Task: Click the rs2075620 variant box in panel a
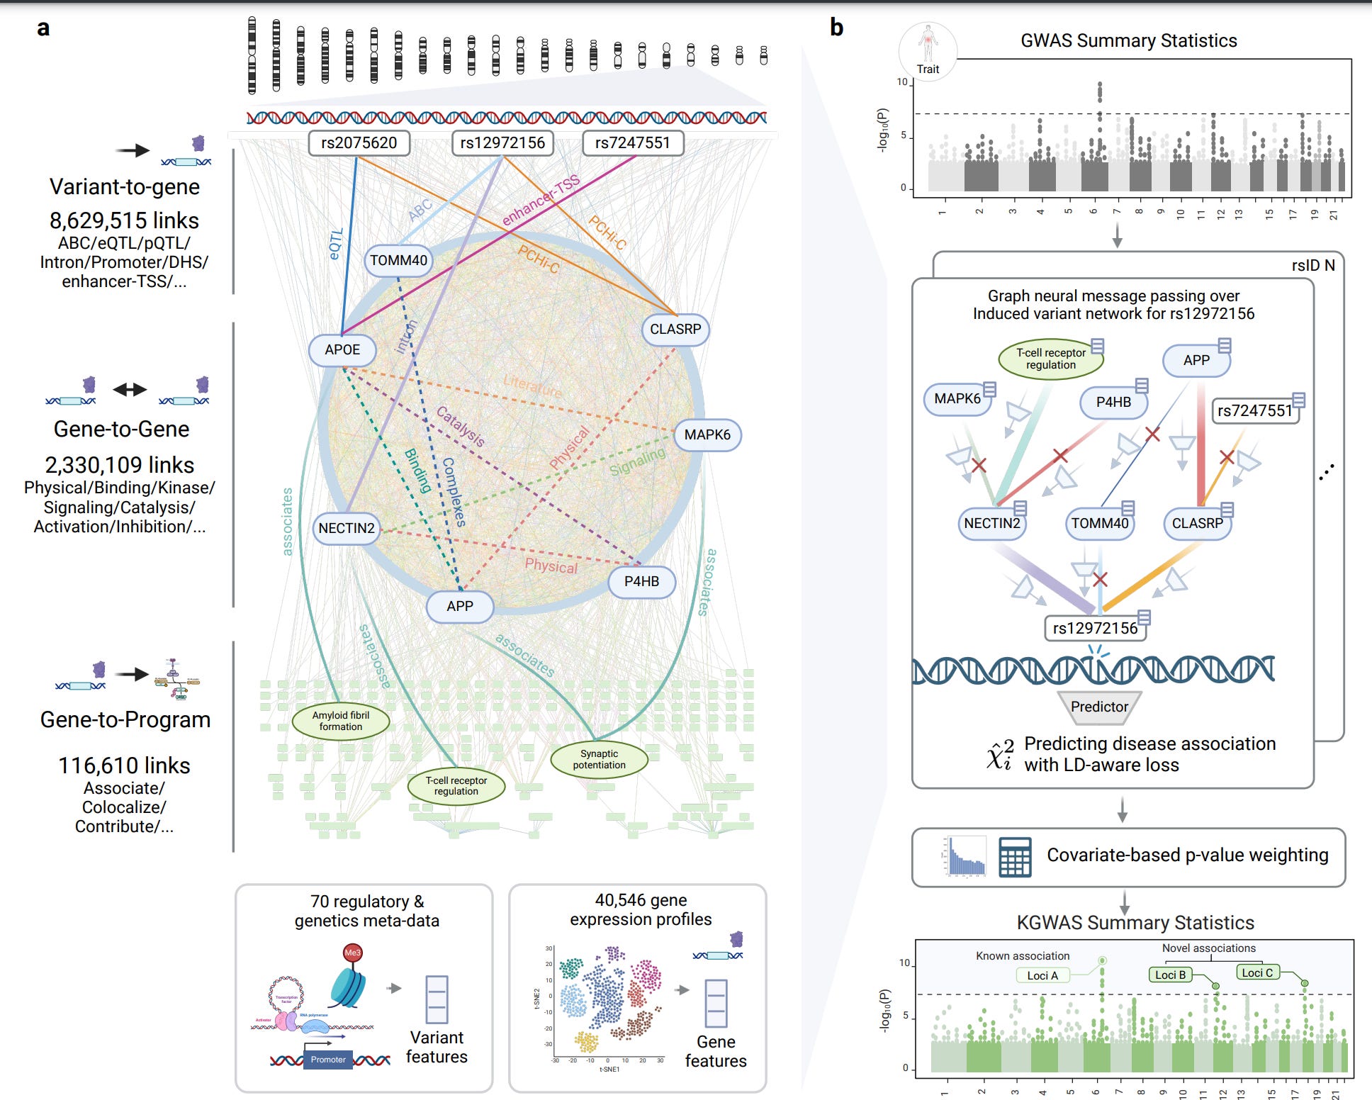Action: (359, 142)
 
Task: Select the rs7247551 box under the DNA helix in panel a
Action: (632, 142)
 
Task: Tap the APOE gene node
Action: (342, 349)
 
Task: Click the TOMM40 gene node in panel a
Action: (398, 260)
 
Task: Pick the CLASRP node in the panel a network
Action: (675, 330)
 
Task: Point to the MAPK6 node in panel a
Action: (707, 434)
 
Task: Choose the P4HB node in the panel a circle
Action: (641, 581)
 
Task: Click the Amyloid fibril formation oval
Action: (341, 721)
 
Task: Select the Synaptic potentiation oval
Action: (599, 759)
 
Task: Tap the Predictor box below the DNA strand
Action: (1099, 707)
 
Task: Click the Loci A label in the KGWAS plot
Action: (1042, 975)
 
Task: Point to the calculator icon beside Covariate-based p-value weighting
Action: (1015, 858)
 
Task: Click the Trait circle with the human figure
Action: (928, 51)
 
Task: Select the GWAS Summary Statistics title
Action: (1128, 40)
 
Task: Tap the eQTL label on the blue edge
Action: (336, 243)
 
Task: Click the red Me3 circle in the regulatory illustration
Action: (352, 953)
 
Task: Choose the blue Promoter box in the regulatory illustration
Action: (328, 1060)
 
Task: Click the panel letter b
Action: (837, 28)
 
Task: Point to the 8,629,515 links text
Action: (124, 220)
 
